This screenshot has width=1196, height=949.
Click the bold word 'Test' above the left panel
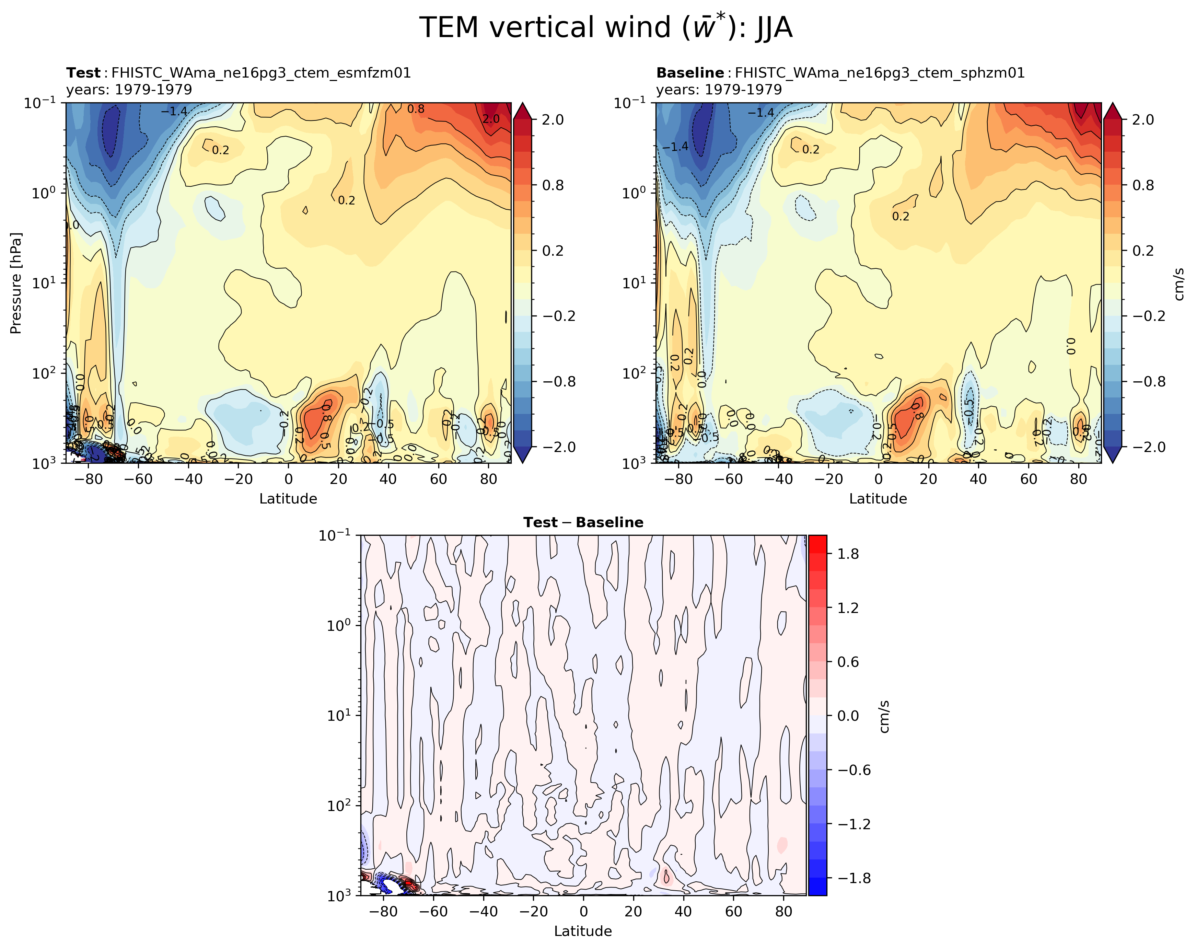[83, 73]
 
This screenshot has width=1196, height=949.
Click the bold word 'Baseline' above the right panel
[689, 73]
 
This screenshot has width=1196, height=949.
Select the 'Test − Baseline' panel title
[583, 522]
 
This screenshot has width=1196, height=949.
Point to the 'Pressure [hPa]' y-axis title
[16, 283]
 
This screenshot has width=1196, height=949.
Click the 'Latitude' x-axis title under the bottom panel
[583, 931]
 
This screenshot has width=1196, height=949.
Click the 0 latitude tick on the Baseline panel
[878, 479]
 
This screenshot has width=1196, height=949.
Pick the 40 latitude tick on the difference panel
[683, 912]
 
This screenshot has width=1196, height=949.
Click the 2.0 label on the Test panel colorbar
[553, 120]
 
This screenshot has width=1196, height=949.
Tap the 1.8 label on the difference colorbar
[848, 554]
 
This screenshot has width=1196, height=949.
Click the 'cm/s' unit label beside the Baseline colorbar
[1180, 283]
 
